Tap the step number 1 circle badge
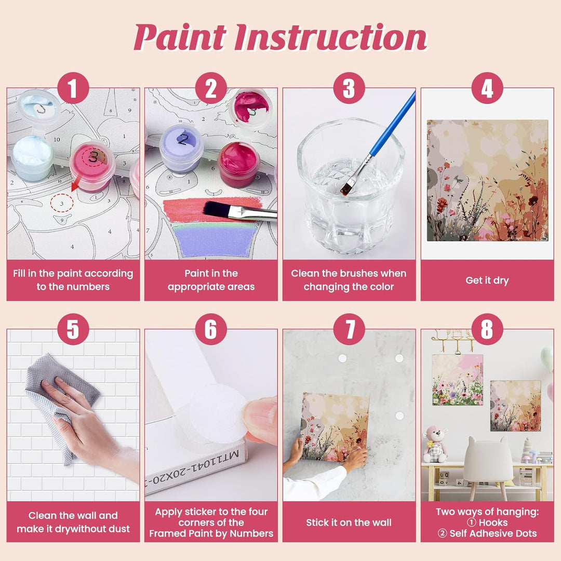[x=73, y=88]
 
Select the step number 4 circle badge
[x=487, y=88]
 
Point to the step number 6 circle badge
[x=211, y=329]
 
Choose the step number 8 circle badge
[x=487, y=329]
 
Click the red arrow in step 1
[x=75, y=185]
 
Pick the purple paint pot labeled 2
[x=182, y=148]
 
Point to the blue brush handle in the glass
[x=393, y=124]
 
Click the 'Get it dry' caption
[x=487, y=280]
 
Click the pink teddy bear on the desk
[x=435, y=444]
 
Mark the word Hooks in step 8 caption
[x=493, y=523]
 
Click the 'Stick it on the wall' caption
[x=349, y=523]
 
